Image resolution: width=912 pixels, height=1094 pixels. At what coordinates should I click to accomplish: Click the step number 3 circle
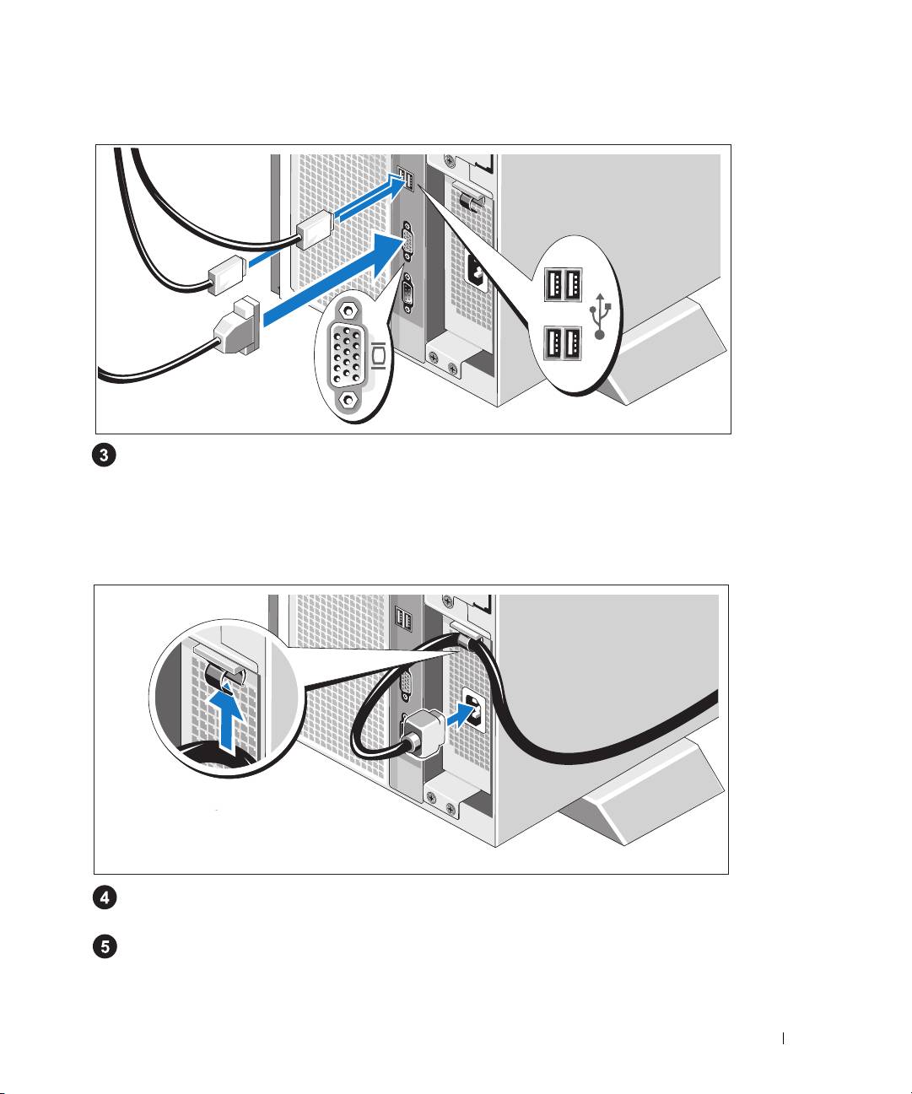104,456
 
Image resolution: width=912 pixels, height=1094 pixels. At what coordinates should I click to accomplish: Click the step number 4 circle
105,897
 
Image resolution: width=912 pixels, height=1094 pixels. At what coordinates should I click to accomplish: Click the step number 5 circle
105,947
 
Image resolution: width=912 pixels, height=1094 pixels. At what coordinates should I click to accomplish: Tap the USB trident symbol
600,315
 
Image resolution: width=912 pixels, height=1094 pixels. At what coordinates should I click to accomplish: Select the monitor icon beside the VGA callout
379,357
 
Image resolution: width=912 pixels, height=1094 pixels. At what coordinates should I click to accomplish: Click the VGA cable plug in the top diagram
240,325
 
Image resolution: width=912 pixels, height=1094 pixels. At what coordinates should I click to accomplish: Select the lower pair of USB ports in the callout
561,344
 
